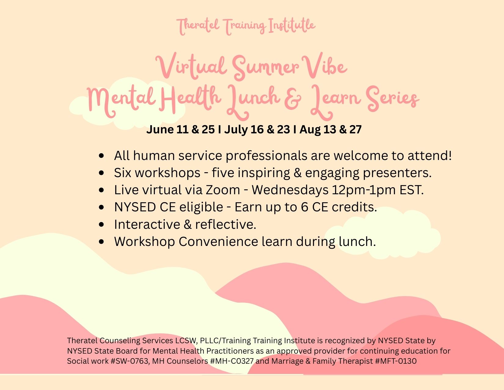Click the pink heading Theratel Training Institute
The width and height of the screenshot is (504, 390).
(246, 26)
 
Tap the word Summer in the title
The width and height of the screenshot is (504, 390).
(265, 67)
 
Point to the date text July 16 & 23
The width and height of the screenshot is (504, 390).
(257, 129)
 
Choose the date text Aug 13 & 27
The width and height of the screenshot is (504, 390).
(331, 129)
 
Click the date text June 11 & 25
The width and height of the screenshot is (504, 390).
(181, 129)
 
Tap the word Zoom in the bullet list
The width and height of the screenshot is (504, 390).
(223, 190)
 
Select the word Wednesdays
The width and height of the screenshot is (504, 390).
(290, 190)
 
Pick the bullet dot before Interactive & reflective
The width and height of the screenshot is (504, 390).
(101, 225)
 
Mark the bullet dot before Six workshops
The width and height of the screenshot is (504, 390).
(101, 173)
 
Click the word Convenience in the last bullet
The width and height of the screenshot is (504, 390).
(218, 242)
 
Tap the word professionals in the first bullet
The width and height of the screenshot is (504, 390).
(266, 156)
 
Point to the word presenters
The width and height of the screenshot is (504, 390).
(397, 173)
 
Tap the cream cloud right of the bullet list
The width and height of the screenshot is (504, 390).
(383, 235)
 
